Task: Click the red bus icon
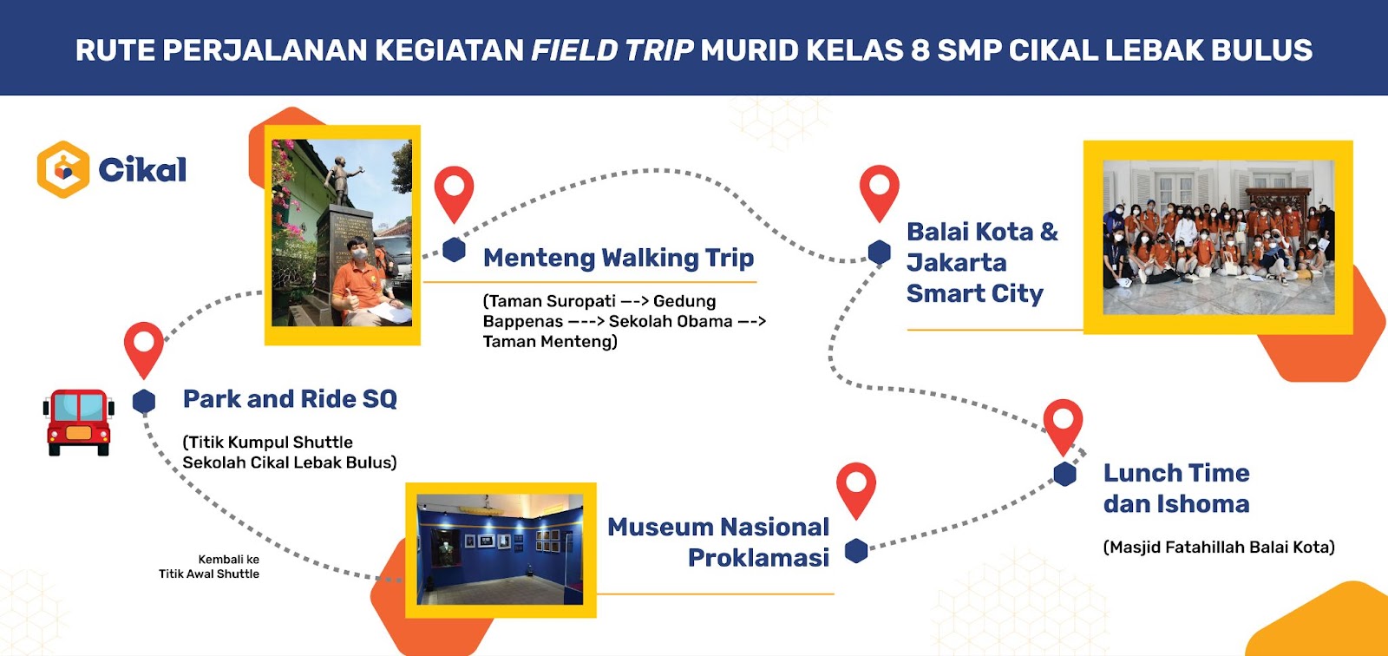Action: (79, 423)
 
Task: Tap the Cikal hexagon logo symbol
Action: (63, 169)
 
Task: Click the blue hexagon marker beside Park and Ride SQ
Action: (144, 401)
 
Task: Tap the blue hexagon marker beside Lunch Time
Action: (1064, 475)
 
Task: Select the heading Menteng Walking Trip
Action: (619, 258)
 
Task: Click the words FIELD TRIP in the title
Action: (612, 50)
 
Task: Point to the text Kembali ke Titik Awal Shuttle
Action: (209, 567)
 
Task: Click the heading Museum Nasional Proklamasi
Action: (718, 542)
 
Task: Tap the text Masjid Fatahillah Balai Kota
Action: (1219, 547)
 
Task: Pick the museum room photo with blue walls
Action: (500, 549)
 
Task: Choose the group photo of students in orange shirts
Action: (1218, 237)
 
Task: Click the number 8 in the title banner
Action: (920, 50)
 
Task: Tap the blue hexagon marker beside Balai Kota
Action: (880, 253)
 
